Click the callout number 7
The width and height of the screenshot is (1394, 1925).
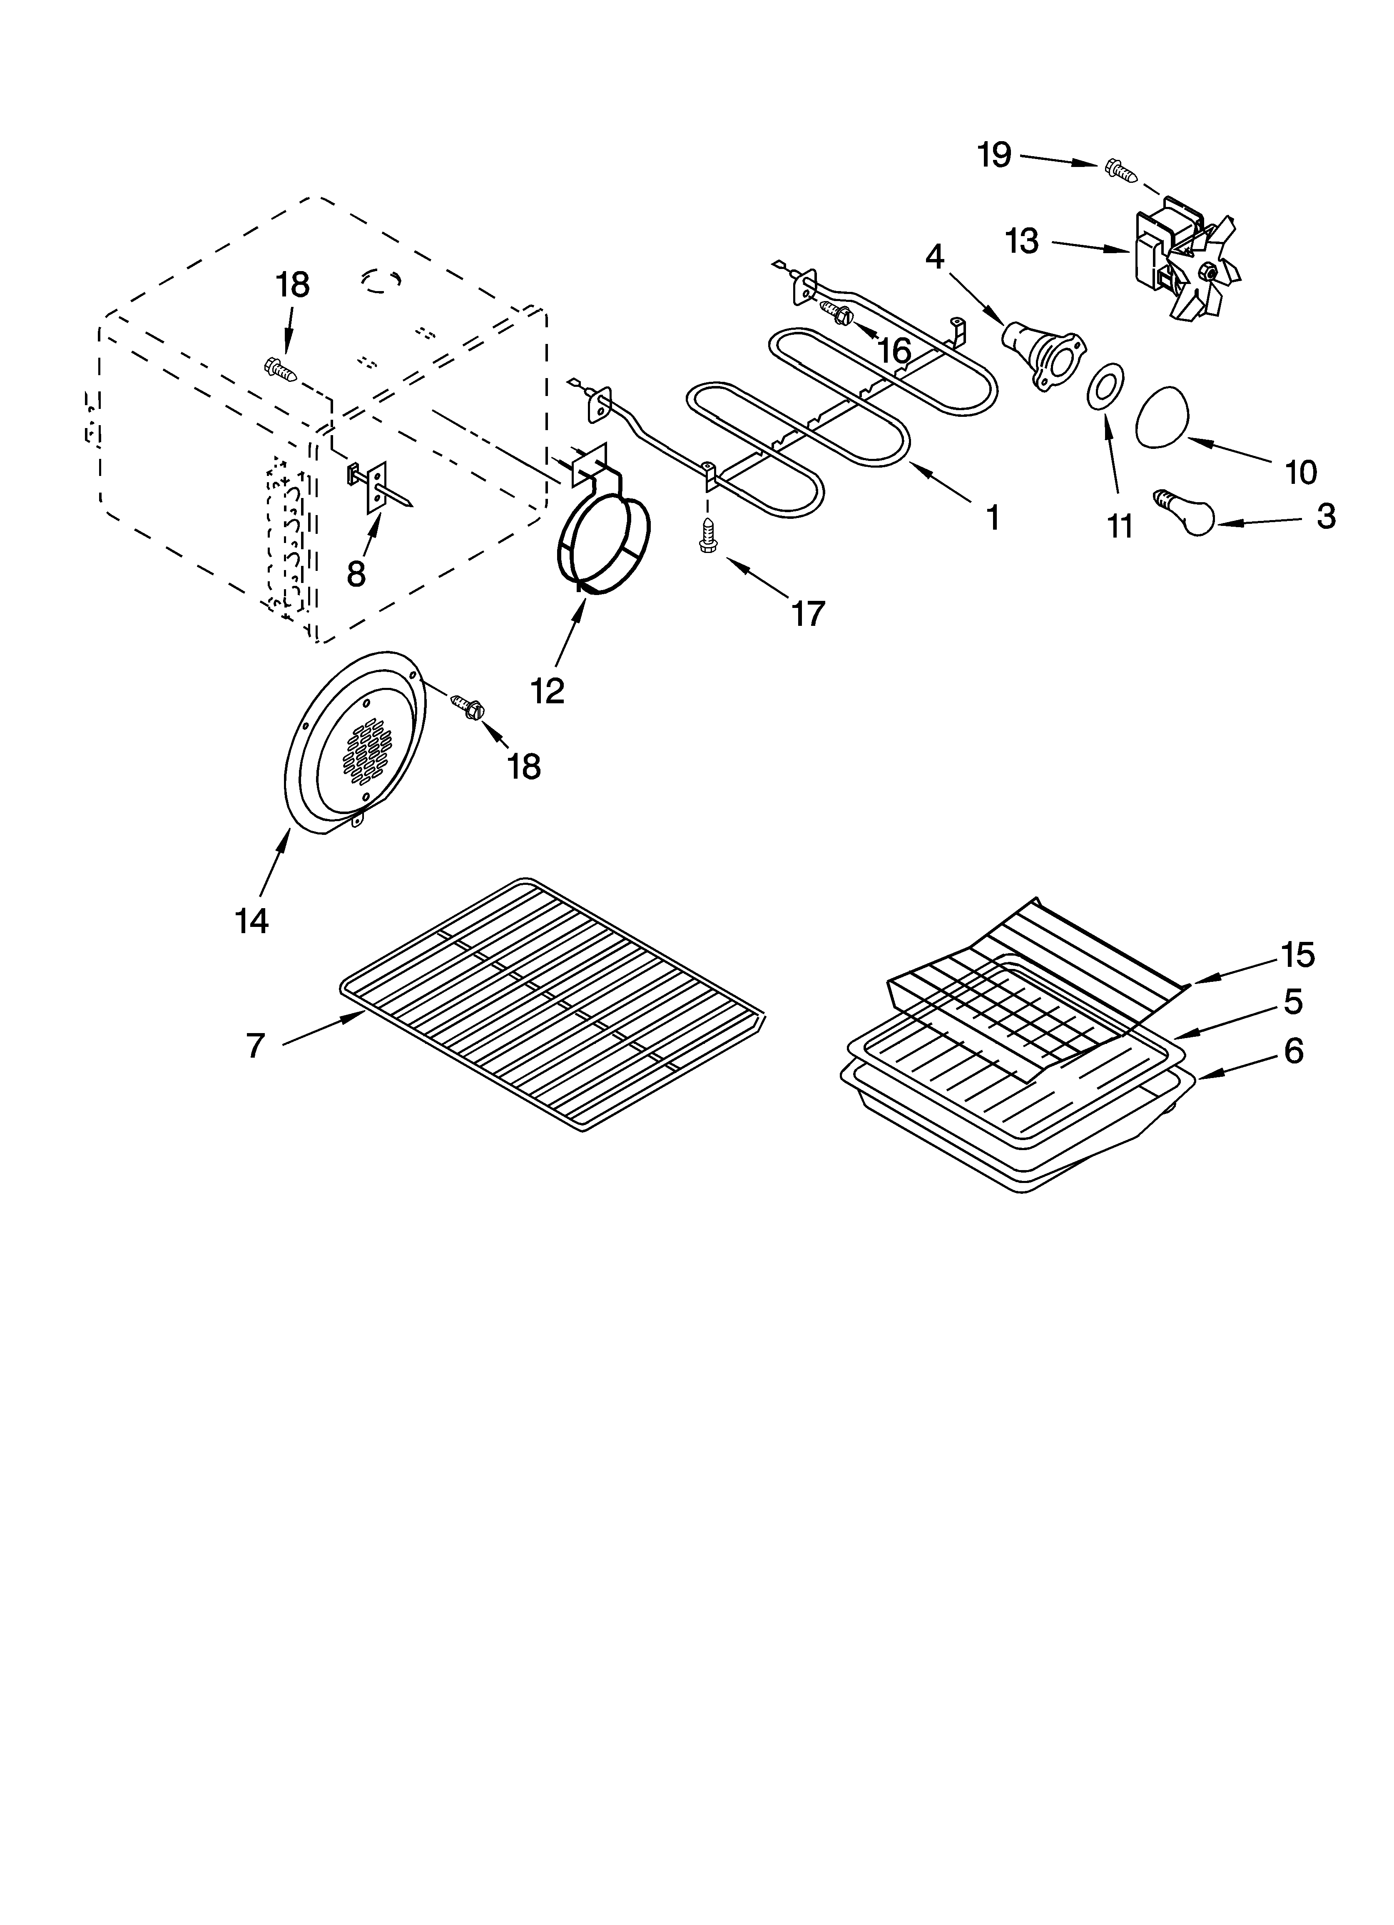click(x=256, y=1046)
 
